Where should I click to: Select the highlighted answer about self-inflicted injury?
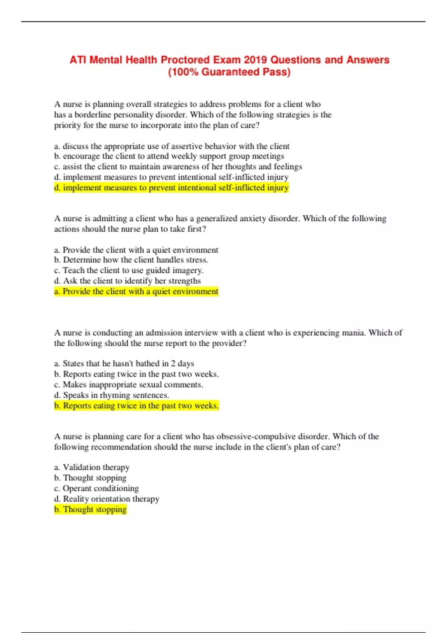tap(171, 188)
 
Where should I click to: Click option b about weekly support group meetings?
tap(169, 156)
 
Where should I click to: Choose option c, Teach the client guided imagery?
tap(129, 270)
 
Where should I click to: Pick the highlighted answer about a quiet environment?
tap(136, 291)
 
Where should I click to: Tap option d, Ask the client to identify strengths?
tap(127, 281)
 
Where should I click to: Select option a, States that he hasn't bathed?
tap(124, 363)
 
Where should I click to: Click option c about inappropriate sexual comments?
tap(129, 384)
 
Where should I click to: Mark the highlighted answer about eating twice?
tap(136, 405)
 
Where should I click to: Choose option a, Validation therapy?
tap(92, 467)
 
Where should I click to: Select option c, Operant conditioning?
tap(96, 488)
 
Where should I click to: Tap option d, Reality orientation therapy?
tap(107, 499)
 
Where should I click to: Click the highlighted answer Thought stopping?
tap(91, 509)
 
